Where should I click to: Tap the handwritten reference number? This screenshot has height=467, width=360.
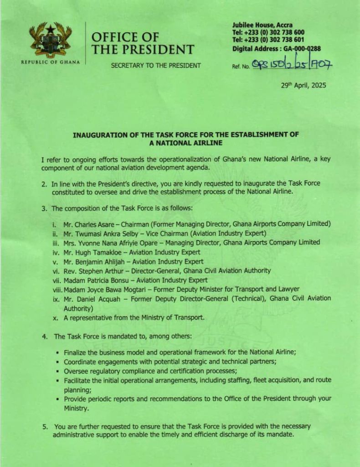(292, 66)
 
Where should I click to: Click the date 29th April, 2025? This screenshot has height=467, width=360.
(304, 85)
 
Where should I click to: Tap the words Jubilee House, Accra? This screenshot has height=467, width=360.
(262, 25)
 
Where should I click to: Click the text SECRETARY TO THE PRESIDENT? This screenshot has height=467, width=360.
(156, 66)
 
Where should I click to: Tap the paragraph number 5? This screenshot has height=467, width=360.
(45, 426)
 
